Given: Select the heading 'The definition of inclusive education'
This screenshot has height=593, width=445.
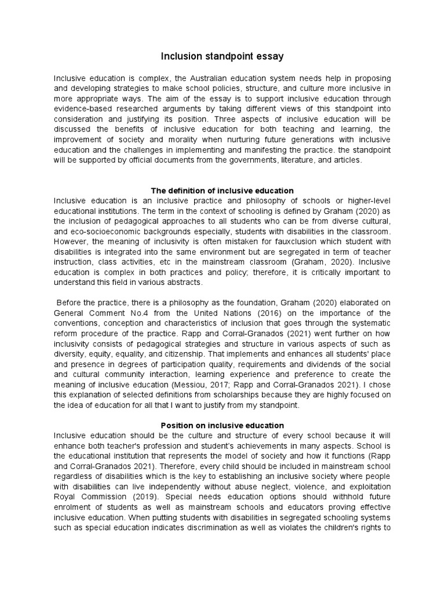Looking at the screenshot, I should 222,191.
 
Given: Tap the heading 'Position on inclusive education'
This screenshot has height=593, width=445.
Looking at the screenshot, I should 222,426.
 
